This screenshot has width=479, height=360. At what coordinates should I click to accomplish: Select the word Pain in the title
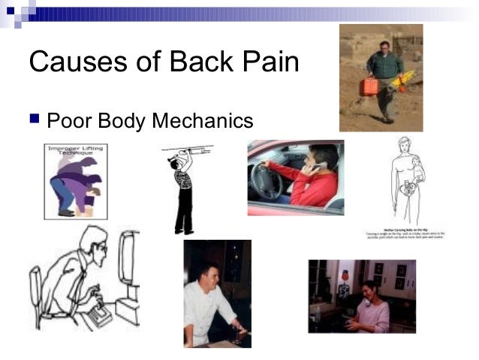[x=270, y=62]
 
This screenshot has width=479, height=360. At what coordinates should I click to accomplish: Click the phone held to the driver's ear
[x=308, y=168]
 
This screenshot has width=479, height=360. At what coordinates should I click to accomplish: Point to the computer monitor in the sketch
[x=127, y=259]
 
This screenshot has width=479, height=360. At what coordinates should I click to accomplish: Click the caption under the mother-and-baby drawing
[x=405, y=234]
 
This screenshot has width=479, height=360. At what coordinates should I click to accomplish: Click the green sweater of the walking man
[x=384, y=66]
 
